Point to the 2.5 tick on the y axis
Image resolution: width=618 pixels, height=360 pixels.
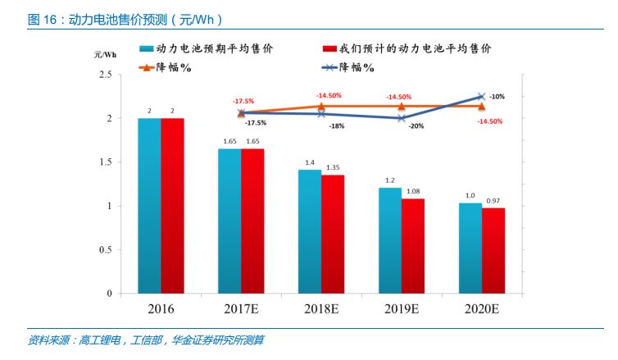105,75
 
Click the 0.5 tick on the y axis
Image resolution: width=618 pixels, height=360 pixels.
105,249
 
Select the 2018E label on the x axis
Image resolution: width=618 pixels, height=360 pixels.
321,309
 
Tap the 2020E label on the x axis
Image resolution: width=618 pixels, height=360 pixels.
482,309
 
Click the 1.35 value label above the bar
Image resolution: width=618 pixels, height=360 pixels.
334,167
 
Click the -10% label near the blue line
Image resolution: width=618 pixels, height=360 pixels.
497,97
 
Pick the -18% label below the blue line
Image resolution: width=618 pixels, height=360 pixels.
336,126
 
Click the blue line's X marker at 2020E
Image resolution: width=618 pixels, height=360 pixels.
481,97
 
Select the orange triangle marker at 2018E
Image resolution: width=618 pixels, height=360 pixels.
321,106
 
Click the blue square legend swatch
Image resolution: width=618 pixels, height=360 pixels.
146,49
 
